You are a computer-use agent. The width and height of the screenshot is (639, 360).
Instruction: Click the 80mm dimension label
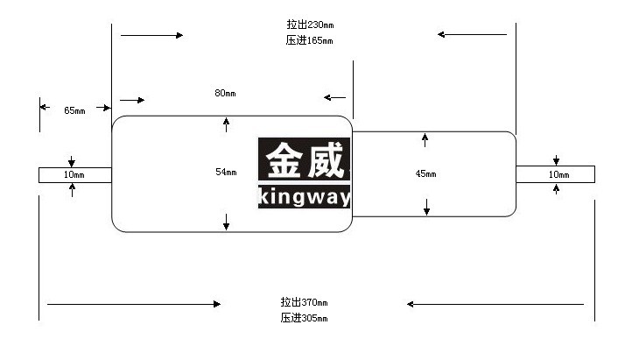pos(225,94)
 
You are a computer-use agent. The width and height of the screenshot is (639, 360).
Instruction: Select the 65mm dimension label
pos(74,110)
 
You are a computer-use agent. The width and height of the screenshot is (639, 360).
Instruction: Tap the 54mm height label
pos(226,172)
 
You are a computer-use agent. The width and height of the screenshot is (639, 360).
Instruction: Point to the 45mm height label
pos(426,174)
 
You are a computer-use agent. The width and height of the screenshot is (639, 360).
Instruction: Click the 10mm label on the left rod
pos(74,175)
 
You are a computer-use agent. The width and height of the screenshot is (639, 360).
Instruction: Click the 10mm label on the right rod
pos(558,175)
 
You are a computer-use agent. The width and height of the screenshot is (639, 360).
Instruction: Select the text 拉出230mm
pos(310,25)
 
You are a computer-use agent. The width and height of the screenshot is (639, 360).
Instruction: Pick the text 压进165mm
pos(309,40)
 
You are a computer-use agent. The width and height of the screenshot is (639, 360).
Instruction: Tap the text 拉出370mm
pos(304,302)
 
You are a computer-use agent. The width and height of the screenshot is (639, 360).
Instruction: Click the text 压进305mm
pos(304,318)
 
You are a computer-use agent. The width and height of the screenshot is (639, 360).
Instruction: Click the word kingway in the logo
pos(305,197)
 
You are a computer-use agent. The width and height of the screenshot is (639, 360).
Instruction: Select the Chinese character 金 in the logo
pos(284,160)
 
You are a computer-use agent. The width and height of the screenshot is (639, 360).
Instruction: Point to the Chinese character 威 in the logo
pos(326,160)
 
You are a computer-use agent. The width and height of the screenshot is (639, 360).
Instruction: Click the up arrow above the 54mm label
pos(226,124)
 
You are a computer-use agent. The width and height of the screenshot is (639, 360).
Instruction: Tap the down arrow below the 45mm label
pos(426,207)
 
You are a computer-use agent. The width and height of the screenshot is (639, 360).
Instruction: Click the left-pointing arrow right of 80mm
pos(334,97)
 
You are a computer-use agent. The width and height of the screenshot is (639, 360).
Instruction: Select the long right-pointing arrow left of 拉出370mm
pos(134,304)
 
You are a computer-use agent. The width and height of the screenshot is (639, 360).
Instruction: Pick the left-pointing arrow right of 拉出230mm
pos(472,35)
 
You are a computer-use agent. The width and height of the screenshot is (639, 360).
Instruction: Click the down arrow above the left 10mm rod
pos(72,161)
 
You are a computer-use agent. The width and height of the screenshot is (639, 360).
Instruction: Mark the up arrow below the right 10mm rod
pos(556,189)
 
